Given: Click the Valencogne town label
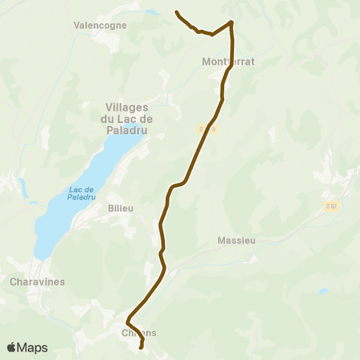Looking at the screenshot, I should (x=100, y=25).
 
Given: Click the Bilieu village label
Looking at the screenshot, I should (x=120, y=206).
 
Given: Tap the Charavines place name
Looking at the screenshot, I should (x=38, y=282).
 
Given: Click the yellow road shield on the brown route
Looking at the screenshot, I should (x=208, y=130).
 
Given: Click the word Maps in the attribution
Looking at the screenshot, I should (x=33, y=347).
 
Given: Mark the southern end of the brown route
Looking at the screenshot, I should (x=141, y=347).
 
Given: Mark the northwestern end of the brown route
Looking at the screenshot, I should (x=176, y=12).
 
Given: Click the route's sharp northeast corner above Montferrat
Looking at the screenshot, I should (x=231, y=22).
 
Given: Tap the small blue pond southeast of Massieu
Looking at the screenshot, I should (x=322, y=291).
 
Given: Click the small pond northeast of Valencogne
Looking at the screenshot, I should (x=152, y=13).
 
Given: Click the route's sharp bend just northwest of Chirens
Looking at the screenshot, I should (x=128, y=319).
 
